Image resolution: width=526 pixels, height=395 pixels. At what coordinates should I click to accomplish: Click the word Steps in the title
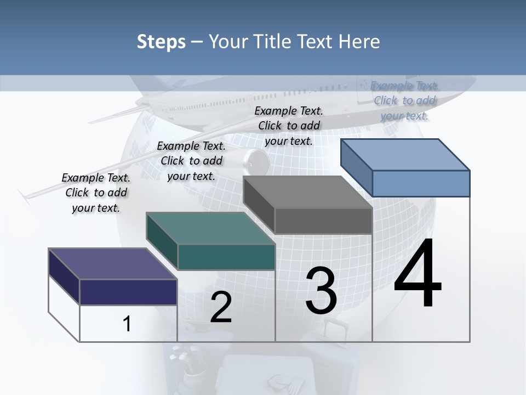coord(161,42)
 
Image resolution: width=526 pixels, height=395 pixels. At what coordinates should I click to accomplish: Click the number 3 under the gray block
coord(321,290)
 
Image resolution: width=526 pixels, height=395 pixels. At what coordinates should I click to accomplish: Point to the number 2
coord(221,307)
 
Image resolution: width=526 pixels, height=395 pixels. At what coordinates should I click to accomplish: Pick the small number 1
coord(127,324)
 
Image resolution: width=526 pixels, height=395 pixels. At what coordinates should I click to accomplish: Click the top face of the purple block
coord(112,263)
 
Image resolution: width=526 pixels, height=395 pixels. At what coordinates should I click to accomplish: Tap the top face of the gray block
coord(307,192)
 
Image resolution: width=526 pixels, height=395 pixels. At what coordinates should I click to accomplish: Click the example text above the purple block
coord(96,193)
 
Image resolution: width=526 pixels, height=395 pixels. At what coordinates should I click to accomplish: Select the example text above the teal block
coord(191,161)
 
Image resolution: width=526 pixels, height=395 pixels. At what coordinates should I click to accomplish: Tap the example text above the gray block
coord(289,126)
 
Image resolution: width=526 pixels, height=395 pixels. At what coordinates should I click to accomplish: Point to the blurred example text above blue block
coord(405,100)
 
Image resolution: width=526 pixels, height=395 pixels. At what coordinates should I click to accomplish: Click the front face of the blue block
coord(421,183)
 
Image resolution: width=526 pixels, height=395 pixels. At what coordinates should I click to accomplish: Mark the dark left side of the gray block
coord(259,205)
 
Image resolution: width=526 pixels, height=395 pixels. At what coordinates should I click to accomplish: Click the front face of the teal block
coord(226,257)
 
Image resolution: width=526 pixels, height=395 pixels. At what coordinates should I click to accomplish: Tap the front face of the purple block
coord(129,292)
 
